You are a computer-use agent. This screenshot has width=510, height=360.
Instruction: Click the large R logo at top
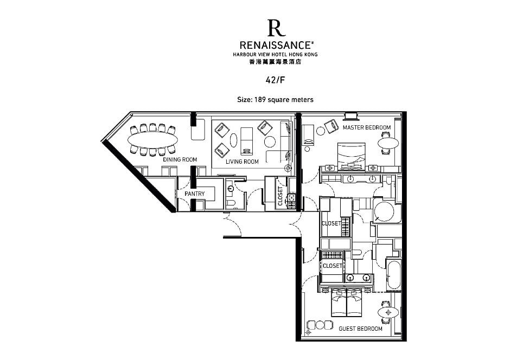[276, 28]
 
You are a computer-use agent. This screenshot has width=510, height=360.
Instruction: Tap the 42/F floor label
[275, 80]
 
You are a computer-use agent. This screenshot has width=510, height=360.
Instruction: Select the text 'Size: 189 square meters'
[275, 100]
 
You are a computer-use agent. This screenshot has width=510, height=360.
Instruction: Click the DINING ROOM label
[180, 159]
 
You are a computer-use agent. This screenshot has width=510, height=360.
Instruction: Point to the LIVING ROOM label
[243, 162]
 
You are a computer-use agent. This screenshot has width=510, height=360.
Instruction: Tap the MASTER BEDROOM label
[367, 127]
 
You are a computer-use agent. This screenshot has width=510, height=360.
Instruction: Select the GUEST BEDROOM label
[360, 329]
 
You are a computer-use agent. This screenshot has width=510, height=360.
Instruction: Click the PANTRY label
[194, 194]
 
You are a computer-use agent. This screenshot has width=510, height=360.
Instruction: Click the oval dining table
[152, 140]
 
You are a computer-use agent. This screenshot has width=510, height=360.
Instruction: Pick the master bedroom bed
[351, 156]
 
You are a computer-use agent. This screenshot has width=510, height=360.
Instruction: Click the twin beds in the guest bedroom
[347, 303]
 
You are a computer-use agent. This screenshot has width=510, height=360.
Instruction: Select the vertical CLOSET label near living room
[280, 196]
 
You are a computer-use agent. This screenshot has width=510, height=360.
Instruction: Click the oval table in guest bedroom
[388, 313]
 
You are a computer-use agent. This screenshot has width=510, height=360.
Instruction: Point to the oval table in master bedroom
[388, 143]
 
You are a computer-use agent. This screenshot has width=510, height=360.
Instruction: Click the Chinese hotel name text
[275, 62]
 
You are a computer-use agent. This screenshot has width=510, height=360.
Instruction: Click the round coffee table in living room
[270, 142]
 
